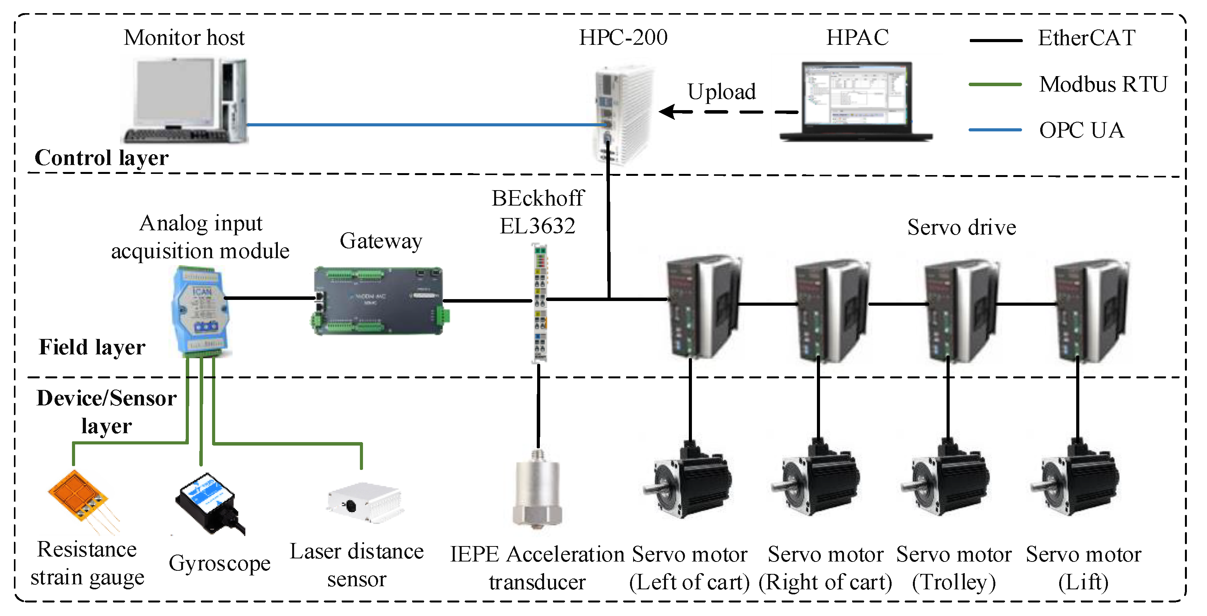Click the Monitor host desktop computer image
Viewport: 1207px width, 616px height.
click(185, 100)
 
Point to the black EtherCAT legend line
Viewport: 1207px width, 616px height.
click(995, 41)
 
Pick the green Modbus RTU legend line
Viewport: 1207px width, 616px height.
click(995, 85)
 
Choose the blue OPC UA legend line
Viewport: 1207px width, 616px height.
click(995, 130)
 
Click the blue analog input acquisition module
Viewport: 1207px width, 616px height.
click(200, 311)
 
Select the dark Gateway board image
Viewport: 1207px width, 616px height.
click(378, 301)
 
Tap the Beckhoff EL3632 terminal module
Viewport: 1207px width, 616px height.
click(540, 303)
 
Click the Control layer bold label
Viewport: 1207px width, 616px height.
click(101, 158)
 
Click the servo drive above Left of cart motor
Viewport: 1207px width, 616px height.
click(701, 306)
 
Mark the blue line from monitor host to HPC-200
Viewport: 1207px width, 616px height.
click(422, 124)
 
